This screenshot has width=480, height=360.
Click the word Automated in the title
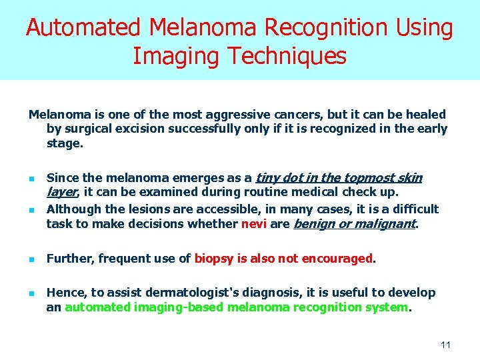coord(83,28)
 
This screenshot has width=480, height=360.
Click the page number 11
coord(446,345)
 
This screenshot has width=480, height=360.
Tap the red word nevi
coord(253,224)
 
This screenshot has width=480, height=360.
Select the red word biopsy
coord(212,259)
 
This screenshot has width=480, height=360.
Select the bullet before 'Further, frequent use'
coord(31,259)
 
